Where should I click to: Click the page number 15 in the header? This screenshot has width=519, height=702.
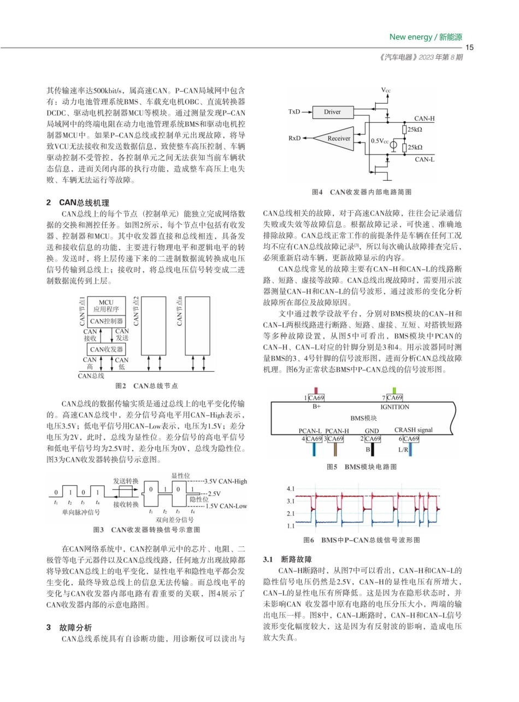[469, 47]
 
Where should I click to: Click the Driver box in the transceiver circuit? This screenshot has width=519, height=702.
[332, 112]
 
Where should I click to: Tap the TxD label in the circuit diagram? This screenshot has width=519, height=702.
[294, 112]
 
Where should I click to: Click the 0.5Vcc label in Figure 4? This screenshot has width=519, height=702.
[380, 141]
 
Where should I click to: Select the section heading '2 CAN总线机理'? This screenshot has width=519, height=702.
[78, 203]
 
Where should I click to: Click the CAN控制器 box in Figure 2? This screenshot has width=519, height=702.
[107, 322]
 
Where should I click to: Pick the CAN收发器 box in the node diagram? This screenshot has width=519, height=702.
[107, 349]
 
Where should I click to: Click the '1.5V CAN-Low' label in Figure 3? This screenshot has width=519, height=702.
[226, 506]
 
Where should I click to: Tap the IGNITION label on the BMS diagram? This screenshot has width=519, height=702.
[394, 407]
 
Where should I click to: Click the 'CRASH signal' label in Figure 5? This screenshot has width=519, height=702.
[414, 430]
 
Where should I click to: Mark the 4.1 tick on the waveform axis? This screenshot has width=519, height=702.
[290, 489]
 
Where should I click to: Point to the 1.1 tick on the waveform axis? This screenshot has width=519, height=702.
[290, 526]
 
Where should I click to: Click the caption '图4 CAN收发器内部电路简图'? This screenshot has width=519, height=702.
[361, 192]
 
